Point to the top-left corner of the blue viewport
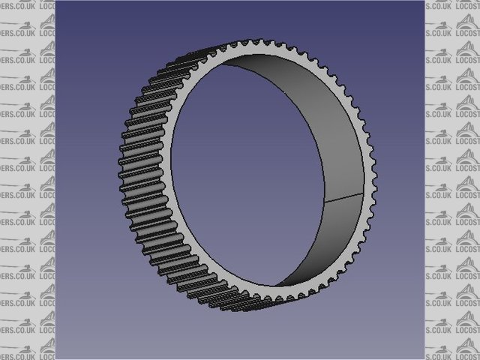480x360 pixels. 56,1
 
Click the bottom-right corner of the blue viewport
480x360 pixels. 424,358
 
